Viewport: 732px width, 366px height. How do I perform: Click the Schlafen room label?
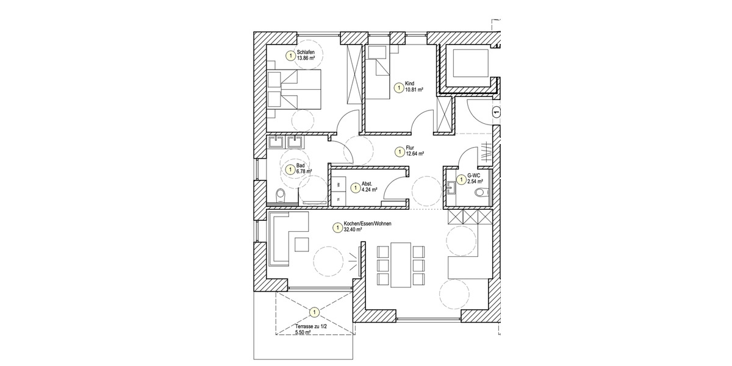pos(306,53)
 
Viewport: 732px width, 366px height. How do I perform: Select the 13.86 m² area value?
pos(306,59)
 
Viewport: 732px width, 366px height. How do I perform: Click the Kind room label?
pos(409,83)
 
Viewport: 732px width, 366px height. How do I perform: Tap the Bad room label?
pos(300,165)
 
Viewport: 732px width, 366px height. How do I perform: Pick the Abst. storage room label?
pos(367,184)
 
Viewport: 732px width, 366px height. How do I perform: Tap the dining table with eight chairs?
pos(400,264)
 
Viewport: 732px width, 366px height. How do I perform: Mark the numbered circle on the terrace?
pos(314,313)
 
